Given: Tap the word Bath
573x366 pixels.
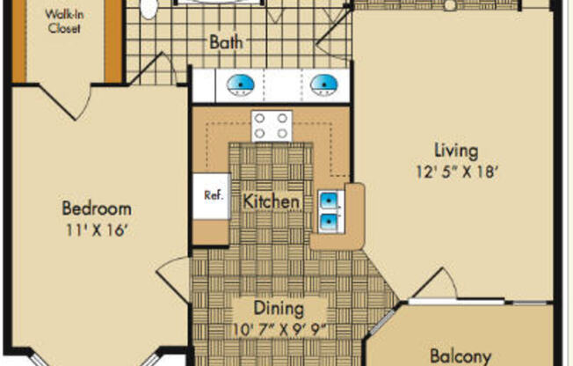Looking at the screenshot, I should tap(227, 41).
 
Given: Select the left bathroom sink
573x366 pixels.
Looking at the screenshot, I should tap(241, 85).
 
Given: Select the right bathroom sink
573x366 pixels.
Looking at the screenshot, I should tap(323, 85).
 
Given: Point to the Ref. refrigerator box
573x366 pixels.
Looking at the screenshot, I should tap(211, 195).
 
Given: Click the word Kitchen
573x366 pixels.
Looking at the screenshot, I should tap(272, 201).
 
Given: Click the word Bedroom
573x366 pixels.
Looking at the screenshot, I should tap(97, 209).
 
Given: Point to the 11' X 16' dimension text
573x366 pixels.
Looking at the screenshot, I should tap(97, 231).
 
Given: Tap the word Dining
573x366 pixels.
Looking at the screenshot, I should tap(279, 309).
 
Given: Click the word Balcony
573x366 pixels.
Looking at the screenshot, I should tap(461, 356).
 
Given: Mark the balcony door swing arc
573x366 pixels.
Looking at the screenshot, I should tap(438, 283).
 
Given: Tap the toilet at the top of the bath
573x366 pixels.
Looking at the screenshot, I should tap(149, 8).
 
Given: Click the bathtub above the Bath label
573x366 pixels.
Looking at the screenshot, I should tap(220, 4).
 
